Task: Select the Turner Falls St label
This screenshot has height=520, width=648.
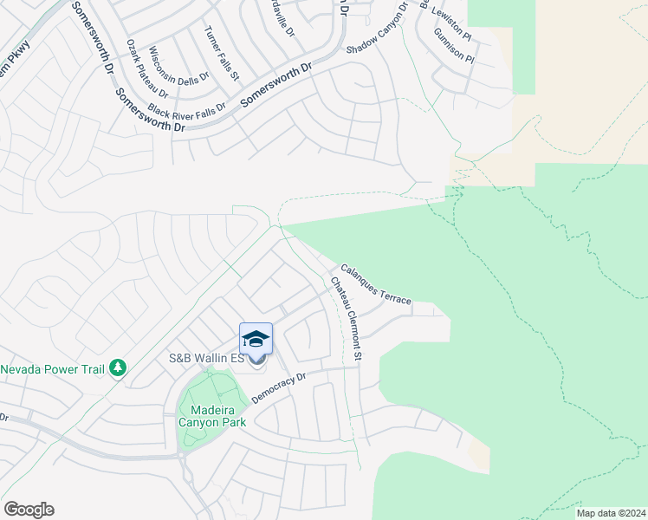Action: point(221,53)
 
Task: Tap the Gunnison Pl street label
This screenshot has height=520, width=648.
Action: point(454,45)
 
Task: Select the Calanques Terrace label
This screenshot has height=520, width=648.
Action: point(375,283)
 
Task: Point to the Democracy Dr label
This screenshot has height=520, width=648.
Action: point(279,387)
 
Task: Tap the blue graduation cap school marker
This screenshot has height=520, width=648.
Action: point(256,339)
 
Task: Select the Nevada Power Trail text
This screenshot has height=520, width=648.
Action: point(52,369)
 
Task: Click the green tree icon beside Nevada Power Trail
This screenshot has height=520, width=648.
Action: point(119,369)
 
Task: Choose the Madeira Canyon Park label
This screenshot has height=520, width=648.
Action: point(211,415)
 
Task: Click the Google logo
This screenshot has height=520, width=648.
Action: point(29,510)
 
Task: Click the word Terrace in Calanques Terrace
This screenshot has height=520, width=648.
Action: point(394,295)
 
